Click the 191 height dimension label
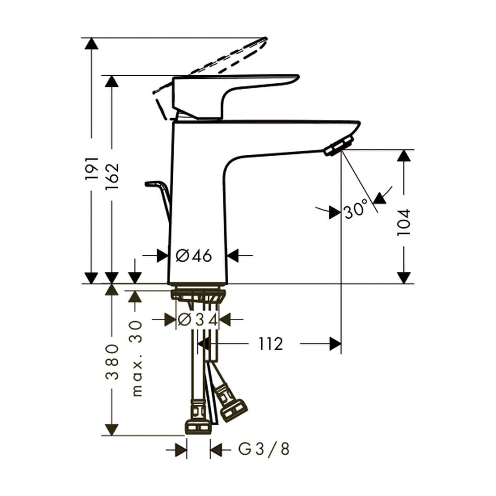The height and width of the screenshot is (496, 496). (x=92, y=169)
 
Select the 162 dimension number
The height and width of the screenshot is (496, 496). (x=112, y=176)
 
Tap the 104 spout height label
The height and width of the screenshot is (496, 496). (x=403, y=223)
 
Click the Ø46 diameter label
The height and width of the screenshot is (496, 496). (x=194, y=256)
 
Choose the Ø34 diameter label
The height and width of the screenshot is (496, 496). (x=198, y=320)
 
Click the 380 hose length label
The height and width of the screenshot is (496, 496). (x=112, y=362)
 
